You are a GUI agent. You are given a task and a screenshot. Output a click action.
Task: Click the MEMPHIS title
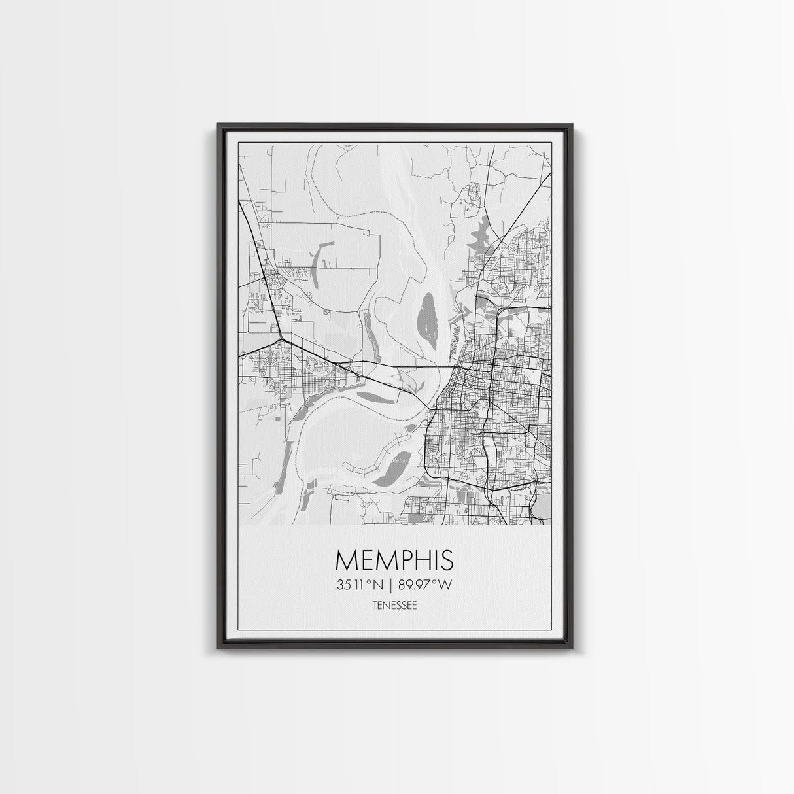[394, 561]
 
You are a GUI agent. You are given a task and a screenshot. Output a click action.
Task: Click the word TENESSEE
[394, 606]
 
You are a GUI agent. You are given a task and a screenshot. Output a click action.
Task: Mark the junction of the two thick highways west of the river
[281, 339]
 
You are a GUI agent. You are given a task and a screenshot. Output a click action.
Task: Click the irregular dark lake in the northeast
[483, 232]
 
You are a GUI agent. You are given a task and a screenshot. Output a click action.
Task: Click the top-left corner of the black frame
[219, 124]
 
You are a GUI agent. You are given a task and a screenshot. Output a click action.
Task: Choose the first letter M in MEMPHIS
[347, 561]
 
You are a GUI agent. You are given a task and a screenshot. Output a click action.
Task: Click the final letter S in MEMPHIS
[447, 561]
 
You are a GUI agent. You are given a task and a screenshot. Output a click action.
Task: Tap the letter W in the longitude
[445, 585]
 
